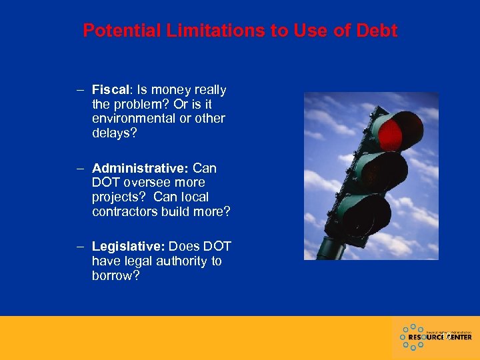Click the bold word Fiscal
tap(110, 89)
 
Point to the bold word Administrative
tap(141, 168)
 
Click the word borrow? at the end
tap(116, 276)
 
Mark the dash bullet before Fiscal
tap(80, 89)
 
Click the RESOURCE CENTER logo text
tap(439, 337)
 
